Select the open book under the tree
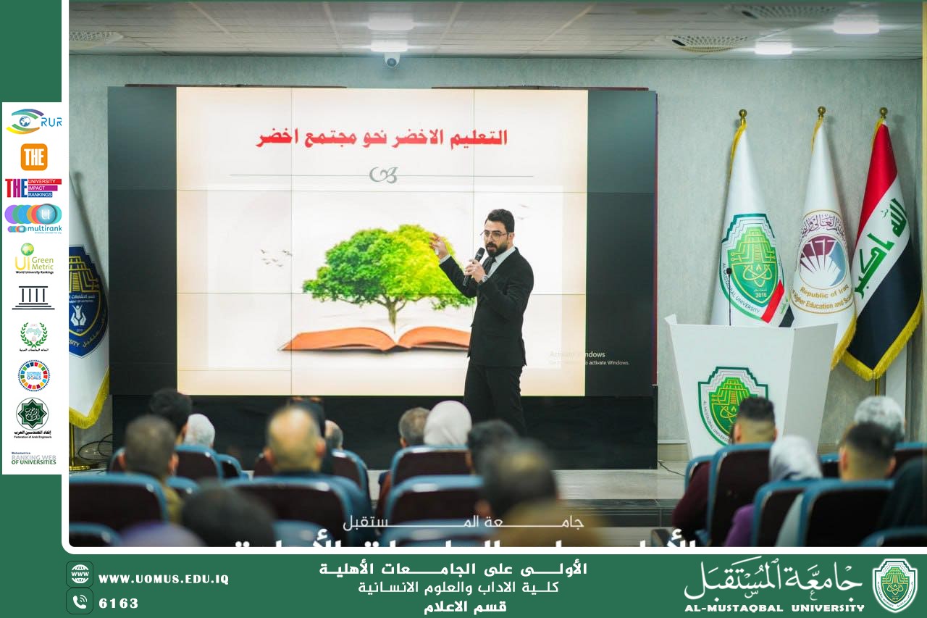click(x=377, y=338)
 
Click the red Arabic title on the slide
click(x=382, y=138)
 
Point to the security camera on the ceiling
click(x=392, y=60)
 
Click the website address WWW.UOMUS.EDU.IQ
click(x=163, y=579)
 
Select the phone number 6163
click(x=118, y=603)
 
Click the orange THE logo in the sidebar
click(x=33, y=156)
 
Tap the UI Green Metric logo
click(x=33, y=259)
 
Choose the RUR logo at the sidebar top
click(x=33, y=121)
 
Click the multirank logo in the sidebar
click(x=33, y=218)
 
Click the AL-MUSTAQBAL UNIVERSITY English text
click(x=774, y=607)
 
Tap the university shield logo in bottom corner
click(x=894, y=585)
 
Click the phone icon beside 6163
click(x=80, y=601)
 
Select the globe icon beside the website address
click(x=80, y=574)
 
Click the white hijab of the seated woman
click(x=447, y=425)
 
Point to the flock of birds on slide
click(x=276, y=256)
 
